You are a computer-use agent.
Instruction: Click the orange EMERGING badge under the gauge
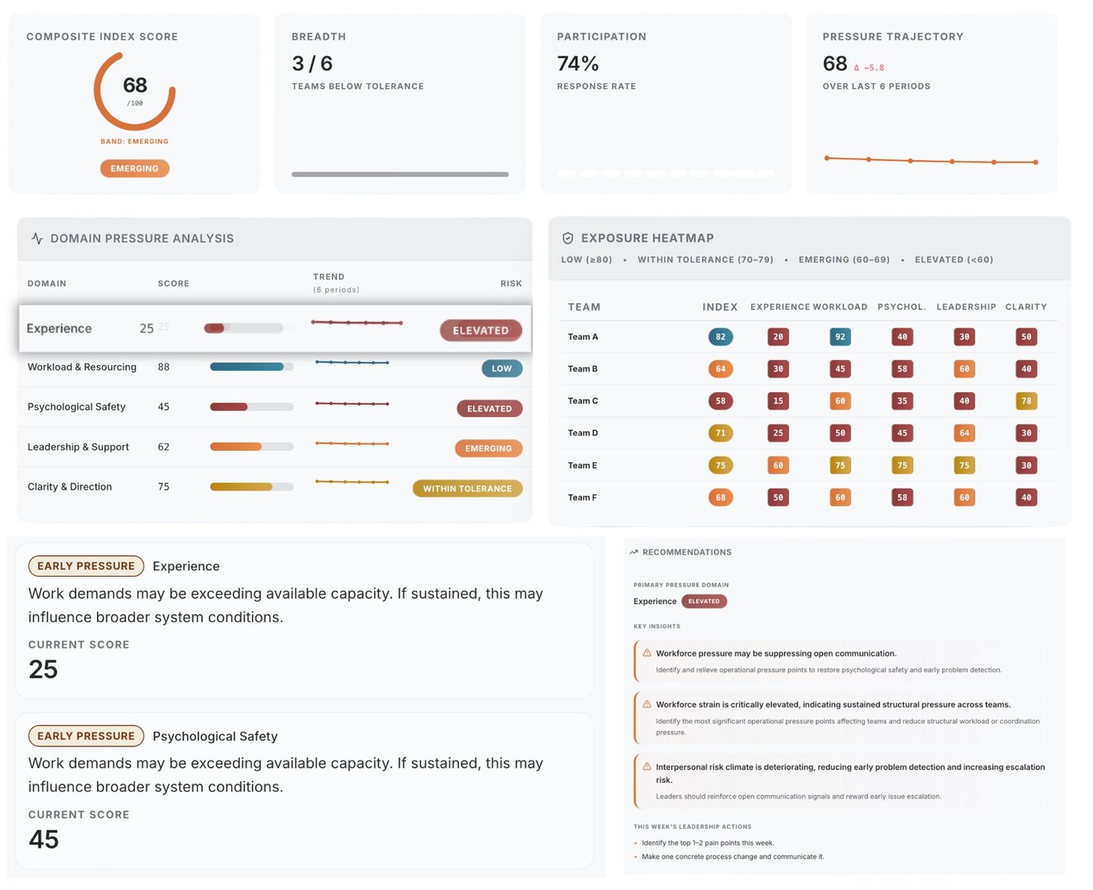(134, 168)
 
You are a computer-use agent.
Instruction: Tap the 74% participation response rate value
(577, 63)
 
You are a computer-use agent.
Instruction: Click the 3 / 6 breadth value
(312, 63)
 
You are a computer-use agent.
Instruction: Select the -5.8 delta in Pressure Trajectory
(870, 68)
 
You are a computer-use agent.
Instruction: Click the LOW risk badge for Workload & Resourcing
(502, 368)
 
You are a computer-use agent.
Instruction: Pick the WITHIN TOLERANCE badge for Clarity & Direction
(467, 489)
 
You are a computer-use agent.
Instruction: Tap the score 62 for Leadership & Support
(163, 447)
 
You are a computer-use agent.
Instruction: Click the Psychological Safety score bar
(251, 406)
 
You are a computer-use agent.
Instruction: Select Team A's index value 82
(720, 336)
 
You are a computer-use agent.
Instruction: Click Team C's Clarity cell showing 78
(1025, 400)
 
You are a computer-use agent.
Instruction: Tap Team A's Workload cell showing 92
(839, 336)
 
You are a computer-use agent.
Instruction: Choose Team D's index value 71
(720, 433)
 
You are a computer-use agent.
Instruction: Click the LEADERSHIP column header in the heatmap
(965, 307)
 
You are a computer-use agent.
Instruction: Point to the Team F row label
(582, 498)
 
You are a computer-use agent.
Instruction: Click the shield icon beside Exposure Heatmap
(568, 238)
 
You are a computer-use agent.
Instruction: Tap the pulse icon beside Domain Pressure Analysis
(37, 238)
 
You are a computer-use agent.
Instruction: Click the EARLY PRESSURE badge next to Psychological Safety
(86, 736)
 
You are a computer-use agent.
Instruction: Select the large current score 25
(43, 669)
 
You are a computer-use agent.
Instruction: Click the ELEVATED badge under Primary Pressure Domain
(703, 601)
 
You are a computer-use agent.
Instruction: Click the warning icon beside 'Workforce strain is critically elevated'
(647, 705)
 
